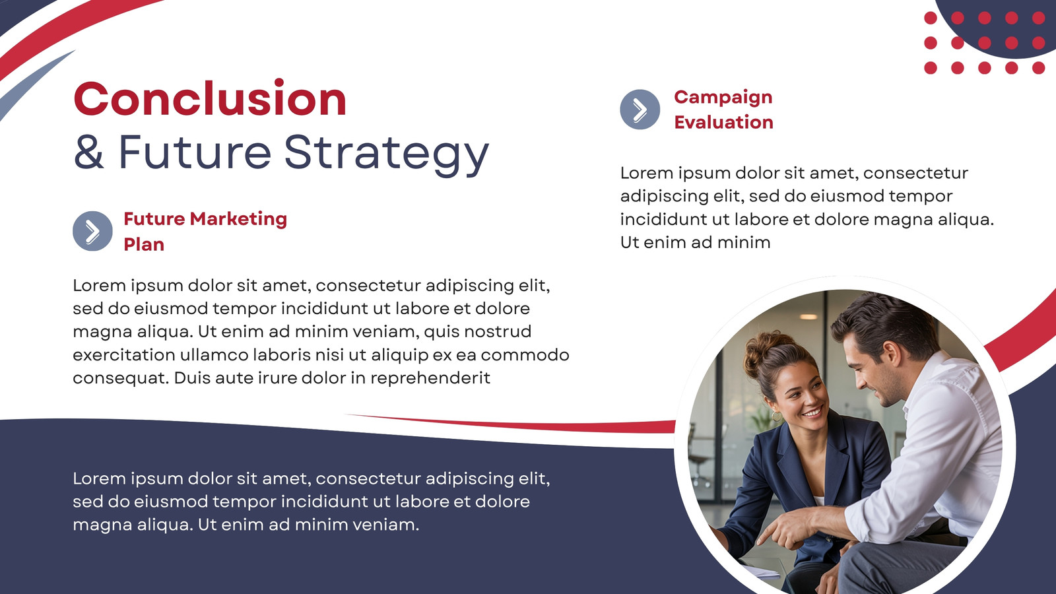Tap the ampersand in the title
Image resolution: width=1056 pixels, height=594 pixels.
(88, 152)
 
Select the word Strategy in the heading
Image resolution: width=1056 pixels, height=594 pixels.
(387, 154)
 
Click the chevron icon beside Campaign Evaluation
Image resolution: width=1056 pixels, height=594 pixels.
(640, 110)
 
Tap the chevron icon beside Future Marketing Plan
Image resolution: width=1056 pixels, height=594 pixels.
(92, 231)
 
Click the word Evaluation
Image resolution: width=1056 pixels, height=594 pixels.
(723, 122)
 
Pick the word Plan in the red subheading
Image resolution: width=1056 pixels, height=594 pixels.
(144, 244)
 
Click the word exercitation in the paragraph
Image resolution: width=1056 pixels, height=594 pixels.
(123, 354)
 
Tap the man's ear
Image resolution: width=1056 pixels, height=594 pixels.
(892, 356)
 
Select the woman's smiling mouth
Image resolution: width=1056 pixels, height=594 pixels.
(812, 412)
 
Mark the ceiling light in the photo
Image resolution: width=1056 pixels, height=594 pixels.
(808, 316)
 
